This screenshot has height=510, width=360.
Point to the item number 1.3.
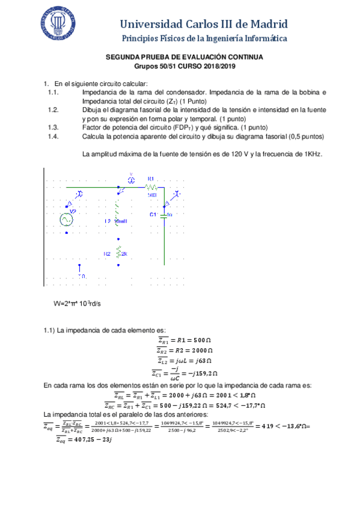coord(52,127)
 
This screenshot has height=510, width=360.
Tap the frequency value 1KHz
coord(311,154)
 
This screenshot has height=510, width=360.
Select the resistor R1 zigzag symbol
coord(151,187)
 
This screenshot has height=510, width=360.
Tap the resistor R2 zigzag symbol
coord(118,253)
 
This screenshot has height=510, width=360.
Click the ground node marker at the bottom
coord(79,268)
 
